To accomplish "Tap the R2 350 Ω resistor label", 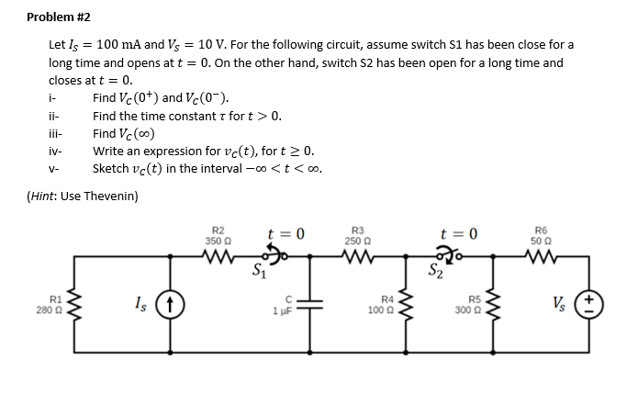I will click(218, 234).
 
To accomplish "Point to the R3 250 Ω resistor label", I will click(358, 234).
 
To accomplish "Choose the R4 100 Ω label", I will click(387, 304).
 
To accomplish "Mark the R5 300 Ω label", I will click(474, 304).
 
